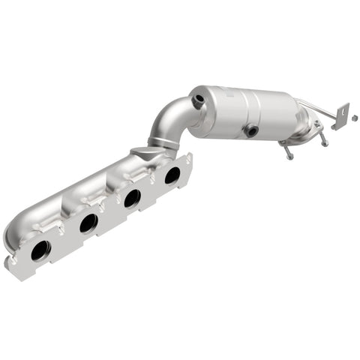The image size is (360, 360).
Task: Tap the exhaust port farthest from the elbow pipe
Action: coord(39,251)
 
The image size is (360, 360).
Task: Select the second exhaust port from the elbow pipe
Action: coord(132,199)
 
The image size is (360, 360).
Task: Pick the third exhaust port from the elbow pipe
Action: coord(88,223)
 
